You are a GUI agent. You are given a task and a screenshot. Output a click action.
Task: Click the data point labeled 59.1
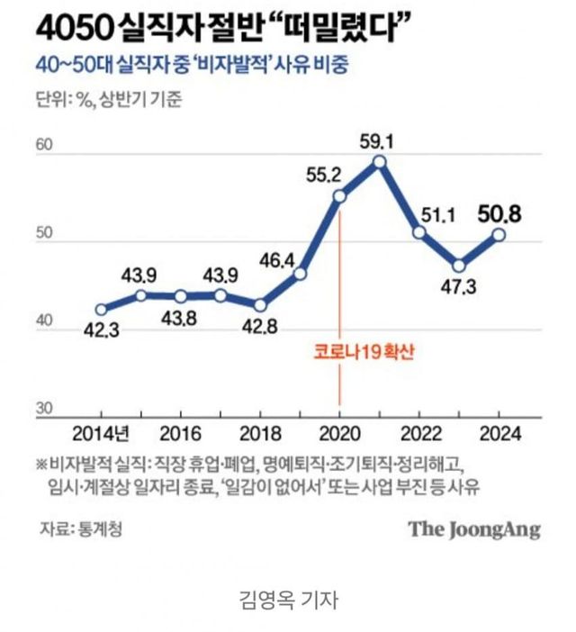[379, 162]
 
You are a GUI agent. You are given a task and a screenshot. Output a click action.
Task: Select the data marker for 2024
[498, 235]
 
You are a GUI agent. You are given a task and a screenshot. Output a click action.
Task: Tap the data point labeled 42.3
[101, 309]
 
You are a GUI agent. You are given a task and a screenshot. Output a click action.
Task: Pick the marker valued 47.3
[459, 266]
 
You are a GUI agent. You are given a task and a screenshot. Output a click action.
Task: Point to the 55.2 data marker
[339, 197]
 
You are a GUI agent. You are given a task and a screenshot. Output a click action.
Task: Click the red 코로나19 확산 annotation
[338, 353]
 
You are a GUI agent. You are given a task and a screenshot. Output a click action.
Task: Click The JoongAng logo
[474, 528]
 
